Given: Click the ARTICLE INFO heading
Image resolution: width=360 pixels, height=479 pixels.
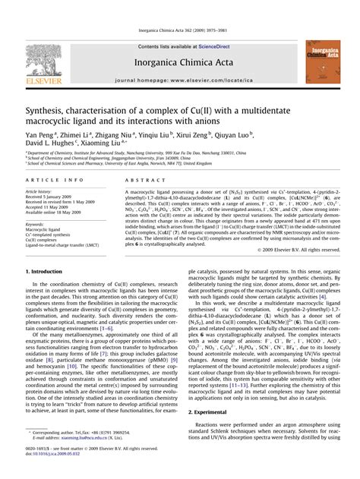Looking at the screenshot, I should pos(53,179).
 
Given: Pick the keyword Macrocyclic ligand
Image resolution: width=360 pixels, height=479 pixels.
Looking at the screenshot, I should pos(45,231).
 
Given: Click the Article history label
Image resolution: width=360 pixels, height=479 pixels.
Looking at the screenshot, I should pos(39,193).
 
